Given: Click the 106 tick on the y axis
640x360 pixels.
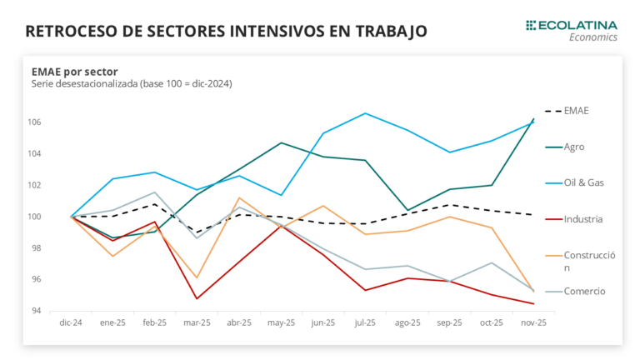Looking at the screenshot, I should [37, 122].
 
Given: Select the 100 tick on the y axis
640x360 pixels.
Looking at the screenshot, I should [37, 217].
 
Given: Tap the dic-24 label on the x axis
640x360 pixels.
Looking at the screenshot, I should [71, 322].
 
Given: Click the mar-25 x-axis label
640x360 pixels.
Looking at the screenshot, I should [197, 322].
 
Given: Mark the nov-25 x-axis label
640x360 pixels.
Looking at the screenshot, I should [533, 322].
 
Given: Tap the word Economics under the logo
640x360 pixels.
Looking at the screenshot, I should [593, 37].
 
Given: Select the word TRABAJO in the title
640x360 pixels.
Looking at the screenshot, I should [389, 32].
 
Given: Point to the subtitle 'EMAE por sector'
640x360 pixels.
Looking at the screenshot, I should [75, 71].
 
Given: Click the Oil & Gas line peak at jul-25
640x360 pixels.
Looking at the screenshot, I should [365, 113].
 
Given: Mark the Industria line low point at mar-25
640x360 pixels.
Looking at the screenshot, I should [197, 298].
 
